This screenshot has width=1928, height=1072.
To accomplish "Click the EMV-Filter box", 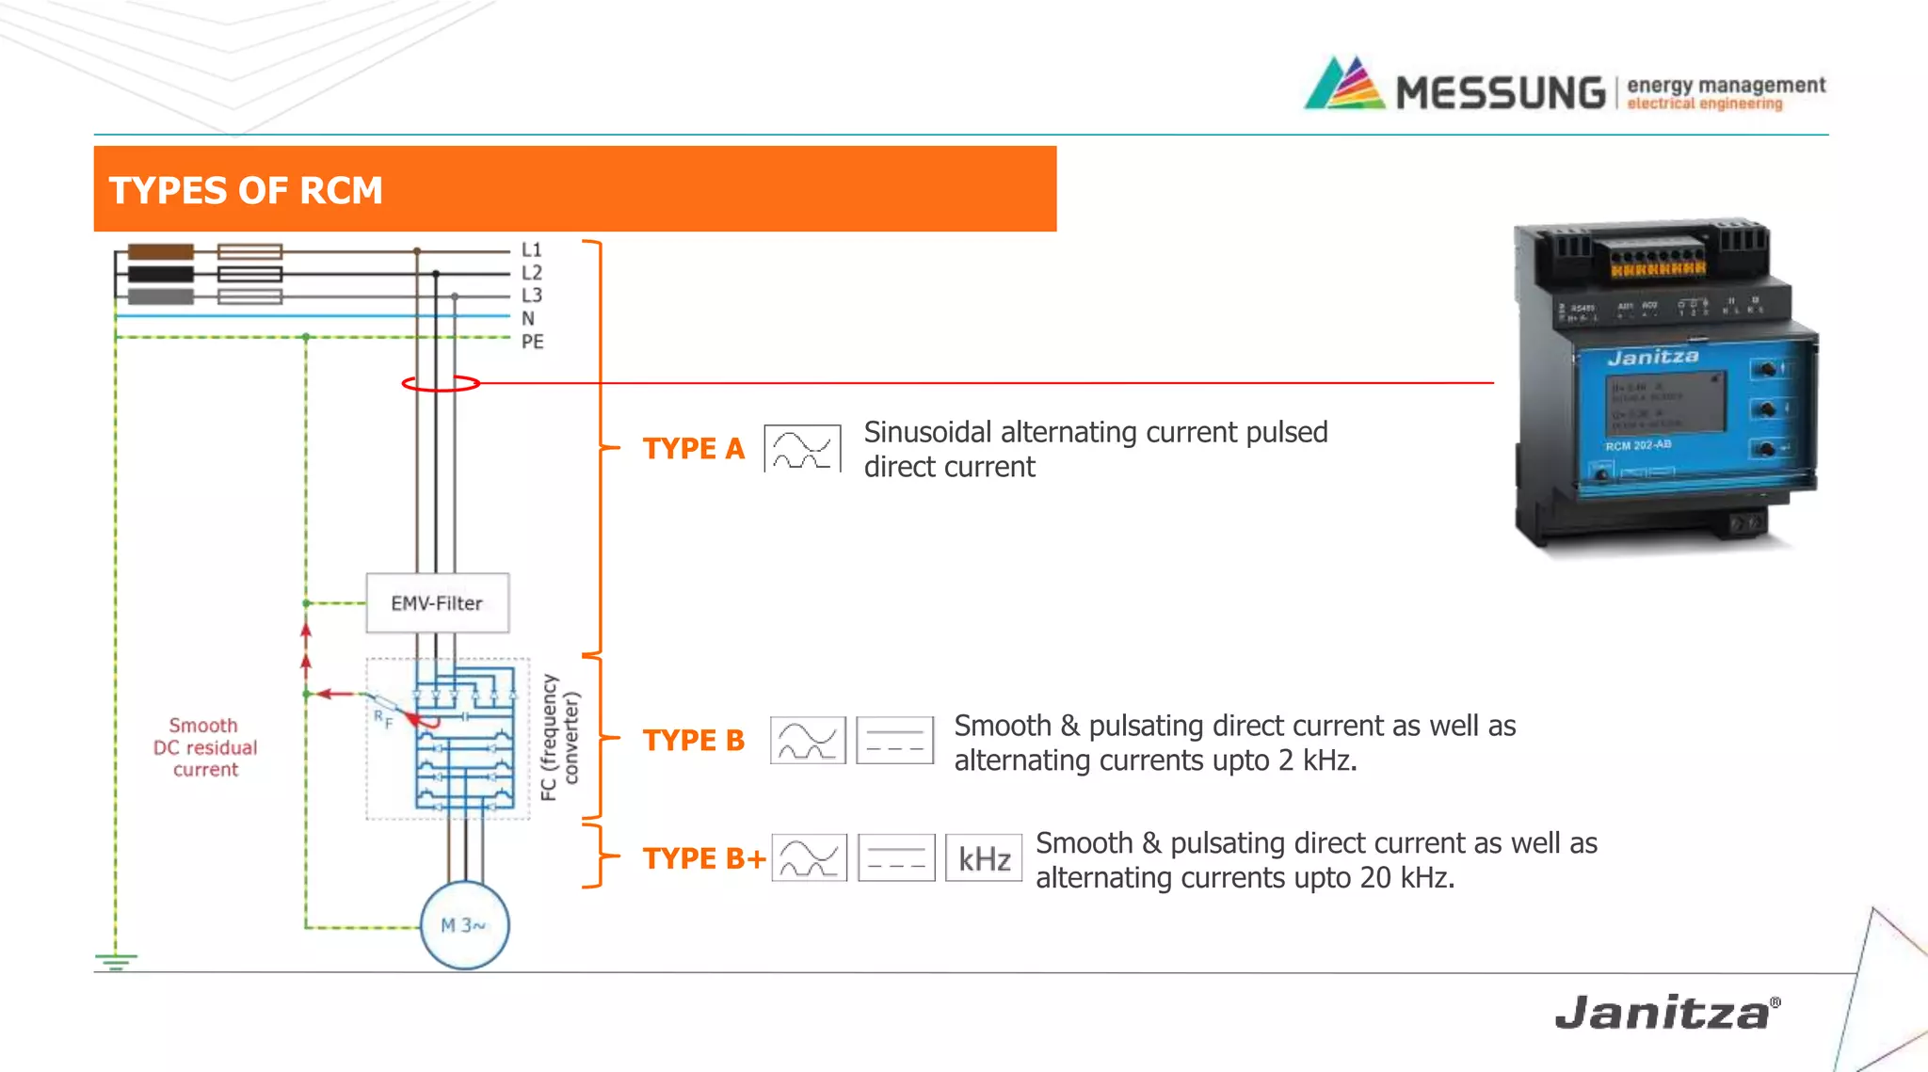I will coord(437,602).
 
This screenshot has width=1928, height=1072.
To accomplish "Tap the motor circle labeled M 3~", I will coord(464,925).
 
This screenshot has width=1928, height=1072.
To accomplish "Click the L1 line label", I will coord(532,250).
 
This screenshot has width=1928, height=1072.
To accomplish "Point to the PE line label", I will coord(532,342).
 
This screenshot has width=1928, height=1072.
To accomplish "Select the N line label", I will coord(528,319).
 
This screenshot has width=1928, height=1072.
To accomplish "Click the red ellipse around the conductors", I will coord(441,383).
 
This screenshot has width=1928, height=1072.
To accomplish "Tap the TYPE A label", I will coord(693,449).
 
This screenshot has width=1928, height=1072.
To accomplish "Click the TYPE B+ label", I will coord(703,858).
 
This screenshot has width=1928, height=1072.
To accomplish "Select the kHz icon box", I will coord(984,858).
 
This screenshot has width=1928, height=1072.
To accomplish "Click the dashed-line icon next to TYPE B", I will coord(894,741).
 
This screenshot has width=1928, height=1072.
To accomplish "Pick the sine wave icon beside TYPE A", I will coord(802,449).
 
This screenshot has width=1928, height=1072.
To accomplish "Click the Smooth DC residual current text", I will coord(205,747).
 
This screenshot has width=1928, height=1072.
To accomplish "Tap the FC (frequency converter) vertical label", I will coord(560,737).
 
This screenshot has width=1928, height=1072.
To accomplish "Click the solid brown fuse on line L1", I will coord(161,251).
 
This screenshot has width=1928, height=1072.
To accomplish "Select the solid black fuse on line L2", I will coord(161,274).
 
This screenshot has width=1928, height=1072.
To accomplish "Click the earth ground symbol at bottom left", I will coord(116,961).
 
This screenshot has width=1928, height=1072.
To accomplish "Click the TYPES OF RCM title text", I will coord(246,190).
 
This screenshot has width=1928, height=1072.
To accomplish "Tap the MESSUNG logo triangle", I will coord(1344,85).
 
